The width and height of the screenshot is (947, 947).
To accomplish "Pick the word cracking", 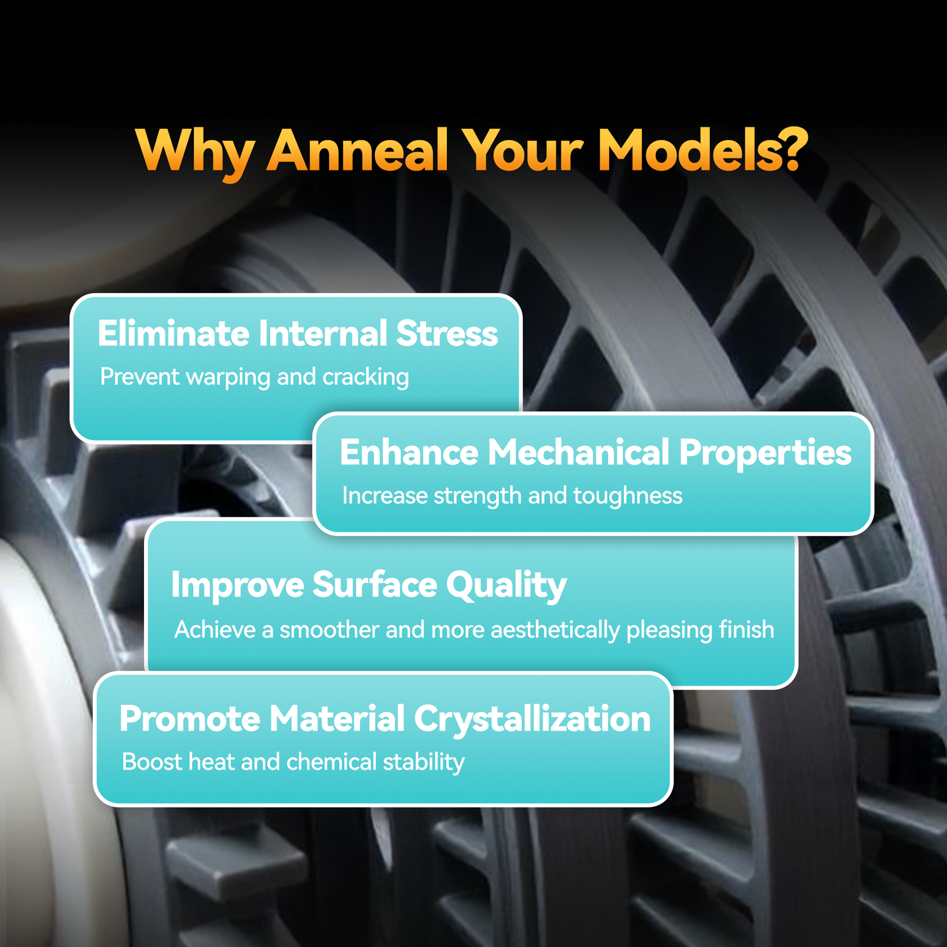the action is coord(366,378).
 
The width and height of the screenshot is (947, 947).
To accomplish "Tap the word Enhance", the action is coord(409,453).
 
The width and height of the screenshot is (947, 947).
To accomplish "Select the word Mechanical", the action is coord(578,453).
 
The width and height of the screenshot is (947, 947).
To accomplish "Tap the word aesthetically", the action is coord(555,631).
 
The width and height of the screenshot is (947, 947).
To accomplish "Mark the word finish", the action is coord(747,629).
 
